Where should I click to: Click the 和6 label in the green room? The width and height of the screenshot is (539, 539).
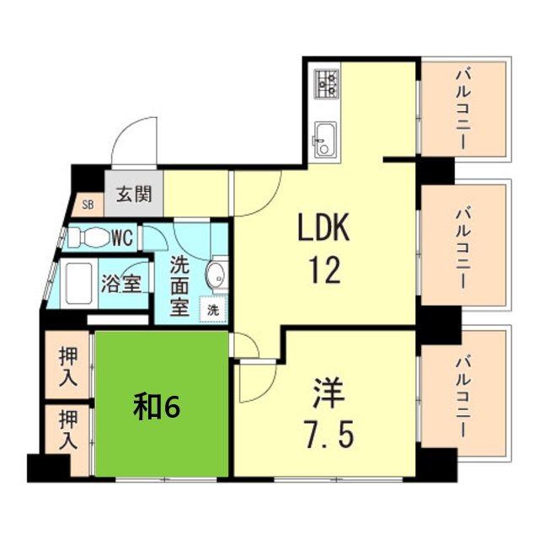tap(157, 407)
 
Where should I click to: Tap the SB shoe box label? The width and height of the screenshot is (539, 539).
tap(88, 203)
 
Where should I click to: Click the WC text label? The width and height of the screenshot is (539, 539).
tap(122, 237)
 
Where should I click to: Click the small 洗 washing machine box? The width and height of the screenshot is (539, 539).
tap(213, 309)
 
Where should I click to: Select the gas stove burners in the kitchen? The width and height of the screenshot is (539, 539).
tap(326, 83)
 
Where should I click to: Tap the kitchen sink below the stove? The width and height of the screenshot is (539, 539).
tap(325, 137)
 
